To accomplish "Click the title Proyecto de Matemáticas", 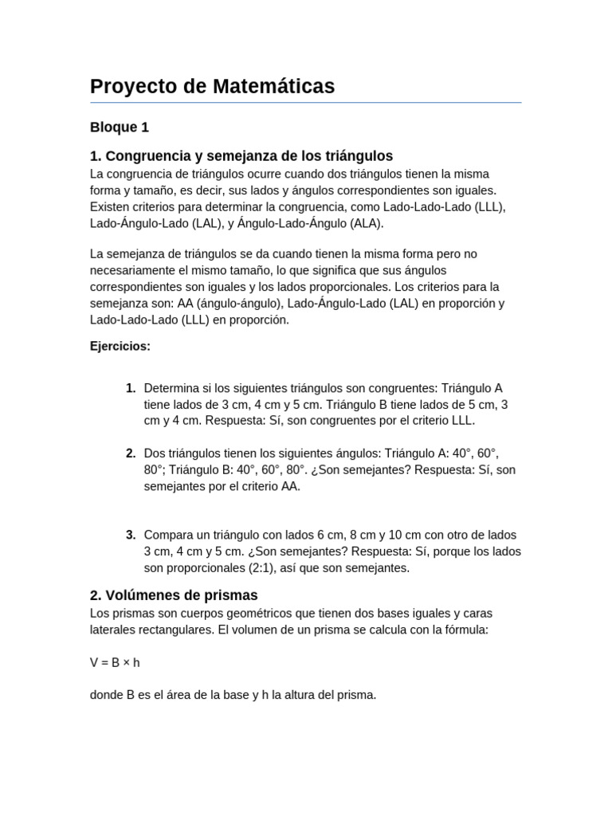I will pyautogui.click(x=212, y=86).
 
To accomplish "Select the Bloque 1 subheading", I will pyautogui.click(x=120, y=127).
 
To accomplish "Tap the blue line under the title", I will pyautogui.click(x=305, y=103).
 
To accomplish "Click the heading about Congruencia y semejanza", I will pyautogui.click(x=241, y=156).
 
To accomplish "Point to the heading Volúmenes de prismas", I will pyautogui.click(x=174, y=595).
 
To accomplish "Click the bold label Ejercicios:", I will pyautogui.click(x=120, y=346).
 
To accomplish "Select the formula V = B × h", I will pyautogui.click(x=115, y=662).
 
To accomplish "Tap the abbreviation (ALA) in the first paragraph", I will pyautogui.click(x=366, y=223).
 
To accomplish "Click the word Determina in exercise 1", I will pyautogui.click(x=171, y=388).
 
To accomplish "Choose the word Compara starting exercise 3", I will pyautogui.click(x=169, y=535).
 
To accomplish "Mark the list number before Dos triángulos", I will pyautogui.click(x=131, y=453).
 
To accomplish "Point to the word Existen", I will pyautogui.click(x=111, y=207).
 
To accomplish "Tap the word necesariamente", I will pyautogui.click(x=132, y=270).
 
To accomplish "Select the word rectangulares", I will pyautogui.click(x=175, y=630).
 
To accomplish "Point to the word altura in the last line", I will pyautogui.click(x=309, y=695).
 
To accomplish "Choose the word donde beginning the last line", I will pyautogui.click(x=107, y=695).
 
